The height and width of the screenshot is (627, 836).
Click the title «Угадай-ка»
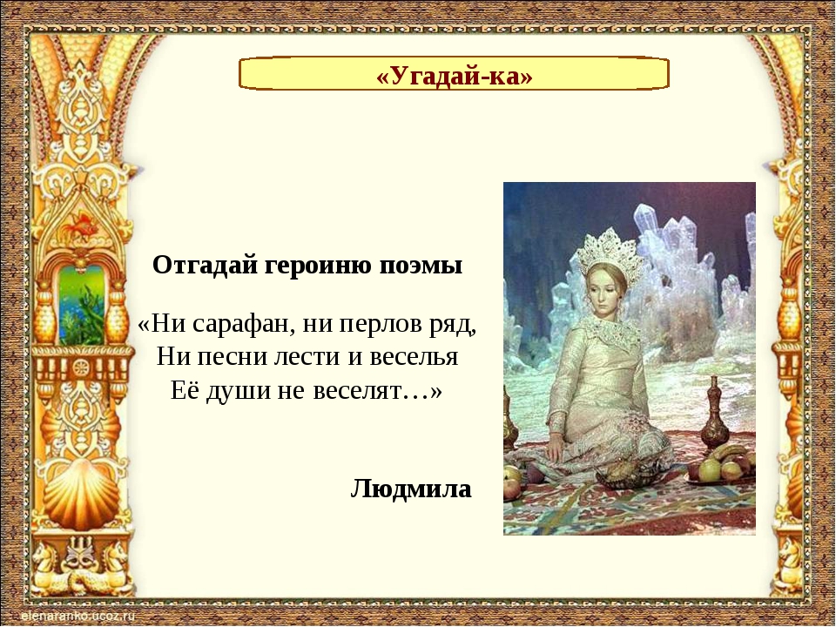click(x=455, y=77)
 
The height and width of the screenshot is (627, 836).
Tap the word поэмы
click(x=421, y=266)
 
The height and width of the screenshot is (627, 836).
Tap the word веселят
click(x=356, y=391)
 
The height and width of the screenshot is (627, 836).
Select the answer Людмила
click(x=411, y=489)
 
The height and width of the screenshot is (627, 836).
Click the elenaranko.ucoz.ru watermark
click(x=79, y=617)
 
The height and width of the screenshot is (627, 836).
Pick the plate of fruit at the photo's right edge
click(x=722, y=466)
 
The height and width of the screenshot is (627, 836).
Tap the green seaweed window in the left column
click(x=82, y=306)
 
